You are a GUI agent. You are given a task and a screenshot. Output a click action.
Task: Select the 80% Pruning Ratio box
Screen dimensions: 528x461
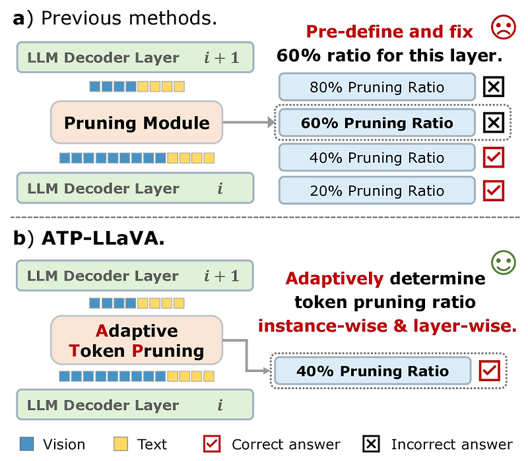coord(377,88)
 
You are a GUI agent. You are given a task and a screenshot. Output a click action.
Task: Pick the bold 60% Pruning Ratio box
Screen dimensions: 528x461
coord(377,123)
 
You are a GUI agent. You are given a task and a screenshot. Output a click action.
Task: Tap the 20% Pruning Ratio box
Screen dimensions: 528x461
coord(377,191)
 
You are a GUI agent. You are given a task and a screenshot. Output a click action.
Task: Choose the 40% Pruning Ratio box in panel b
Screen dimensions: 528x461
coord(372,371)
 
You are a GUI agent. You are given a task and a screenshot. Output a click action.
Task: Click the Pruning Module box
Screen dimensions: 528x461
coord(137,123)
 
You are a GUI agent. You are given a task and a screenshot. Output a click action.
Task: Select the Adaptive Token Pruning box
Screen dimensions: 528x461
coord(137,340)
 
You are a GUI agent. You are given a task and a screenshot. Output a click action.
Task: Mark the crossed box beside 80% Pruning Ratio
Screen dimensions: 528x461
coord(494,87)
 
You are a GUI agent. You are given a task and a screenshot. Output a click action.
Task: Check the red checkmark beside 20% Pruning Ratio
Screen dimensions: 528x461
coord(494,191)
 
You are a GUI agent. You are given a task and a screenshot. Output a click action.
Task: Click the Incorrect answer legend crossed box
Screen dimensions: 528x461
coord(372,444)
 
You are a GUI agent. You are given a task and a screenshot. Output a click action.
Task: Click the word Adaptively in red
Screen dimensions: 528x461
coord(334,279)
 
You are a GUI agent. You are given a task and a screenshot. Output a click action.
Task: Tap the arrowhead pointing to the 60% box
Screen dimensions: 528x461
coord(270,123)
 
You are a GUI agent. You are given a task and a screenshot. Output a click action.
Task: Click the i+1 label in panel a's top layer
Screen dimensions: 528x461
coord(220,58)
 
